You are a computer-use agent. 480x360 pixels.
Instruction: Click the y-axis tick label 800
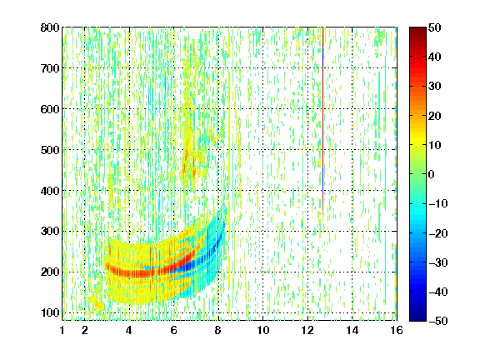[x=50, y=27]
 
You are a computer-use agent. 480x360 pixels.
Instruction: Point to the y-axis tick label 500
[x=50, y=150]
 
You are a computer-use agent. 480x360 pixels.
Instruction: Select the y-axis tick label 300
[x=50, y=231]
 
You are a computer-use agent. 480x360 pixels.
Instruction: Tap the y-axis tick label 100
[x=50, y=312]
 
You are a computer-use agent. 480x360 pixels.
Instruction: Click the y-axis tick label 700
[x=50, y=68]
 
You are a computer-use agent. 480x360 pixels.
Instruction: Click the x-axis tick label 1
[x=62, y=330]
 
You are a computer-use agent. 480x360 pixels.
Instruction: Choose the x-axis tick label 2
[x=85, y=330]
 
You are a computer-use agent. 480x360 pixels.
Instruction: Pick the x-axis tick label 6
[x=174, y=330]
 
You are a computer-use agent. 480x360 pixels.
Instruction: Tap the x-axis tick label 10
[x=263, y=330]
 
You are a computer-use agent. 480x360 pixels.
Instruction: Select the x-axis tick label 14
[x=352, y=330]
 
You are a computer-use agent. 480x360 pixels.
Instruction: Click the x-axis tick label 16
[x=397, y=330]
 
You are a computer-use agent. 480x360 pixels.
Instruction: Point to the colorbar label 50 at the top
[x=435, y=27]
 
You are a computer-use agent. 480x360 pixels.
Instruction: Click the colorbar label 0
[x=432, y=174]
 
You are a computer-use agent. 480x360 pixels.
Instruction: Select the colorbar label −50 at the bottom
[x=438, y=321]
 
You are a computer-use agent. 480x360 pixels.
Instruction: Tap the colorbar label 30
[x=435, y=86]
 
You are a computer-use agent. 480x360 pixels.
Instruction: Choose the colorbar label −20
[x=438, y=233]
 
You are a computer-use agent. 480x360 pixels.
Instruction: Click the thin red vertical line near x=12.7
[x=323, y=122]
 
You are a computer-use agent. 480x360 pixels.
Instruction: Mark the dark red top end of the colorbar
[x=417, y=30]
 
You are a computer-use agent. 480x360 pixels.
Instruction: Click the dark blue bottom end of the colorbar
[x=417, y=318]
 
